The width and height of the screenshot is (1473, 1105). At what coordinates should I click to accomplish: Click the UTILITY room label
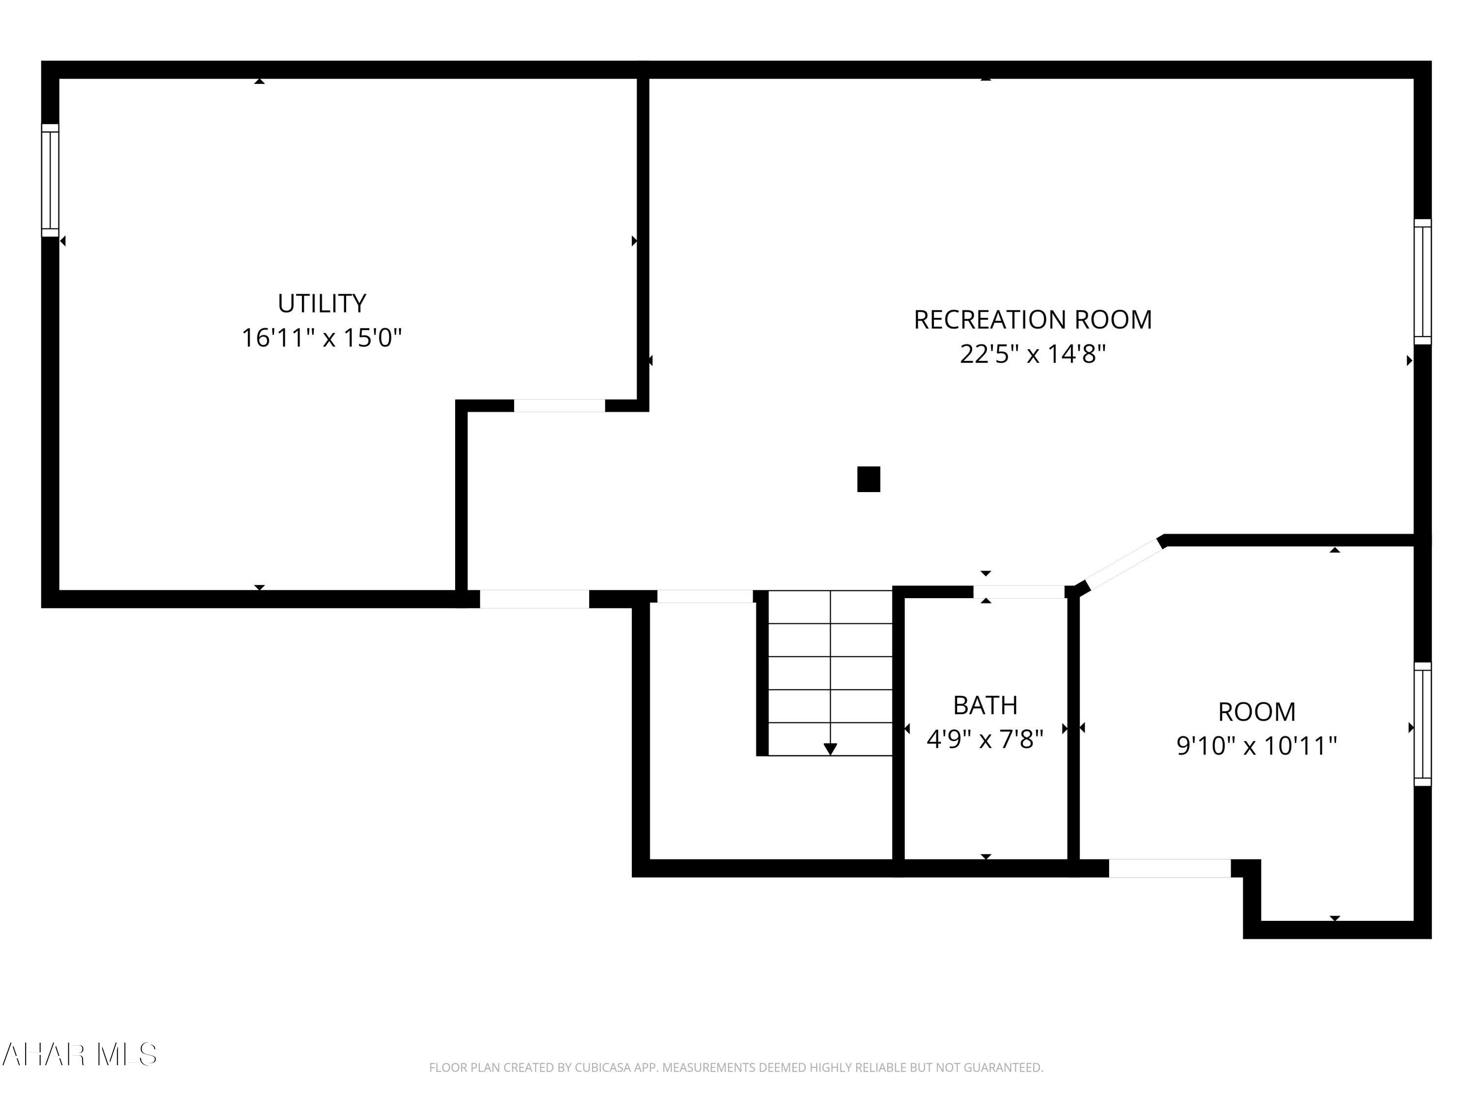322,304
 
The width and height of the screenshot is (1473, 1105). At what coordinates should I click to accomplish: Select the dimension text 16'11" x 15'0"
322,338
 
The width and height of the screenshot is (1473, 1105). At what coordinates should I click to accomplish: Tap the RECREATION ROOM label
1032,320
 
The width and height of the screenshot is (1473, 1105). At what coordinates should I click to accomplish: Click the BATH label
985,705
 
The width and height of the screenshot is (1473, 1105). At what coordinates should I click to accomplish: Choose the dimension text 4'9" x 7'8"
985,739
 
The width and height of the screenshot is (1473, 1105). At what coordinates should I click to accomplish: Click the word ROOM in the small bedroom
1256,712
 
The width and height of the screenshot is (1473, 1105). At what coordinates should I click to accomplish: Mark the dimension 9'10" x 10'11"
1256,746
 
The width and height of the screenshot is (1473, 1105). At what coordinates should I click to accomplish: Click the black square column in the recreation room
869,479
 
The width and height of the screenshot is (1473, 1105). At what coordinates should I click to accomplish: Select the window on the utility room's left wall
50,180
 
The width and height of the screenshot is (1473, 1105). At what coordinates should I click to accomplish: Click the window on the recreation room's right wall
1422,282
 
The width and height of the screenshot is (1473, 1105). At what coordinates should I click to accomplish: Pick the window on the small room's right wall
1422,725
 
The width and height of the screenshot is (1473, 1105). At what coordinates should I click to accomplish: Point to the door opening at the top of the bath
1019,591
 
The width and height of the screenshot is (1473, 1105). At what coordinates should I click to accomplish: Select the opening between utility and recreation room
559,406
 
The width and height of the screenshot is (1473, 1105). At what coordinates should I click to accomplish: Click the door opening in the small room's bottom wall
1170,869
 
